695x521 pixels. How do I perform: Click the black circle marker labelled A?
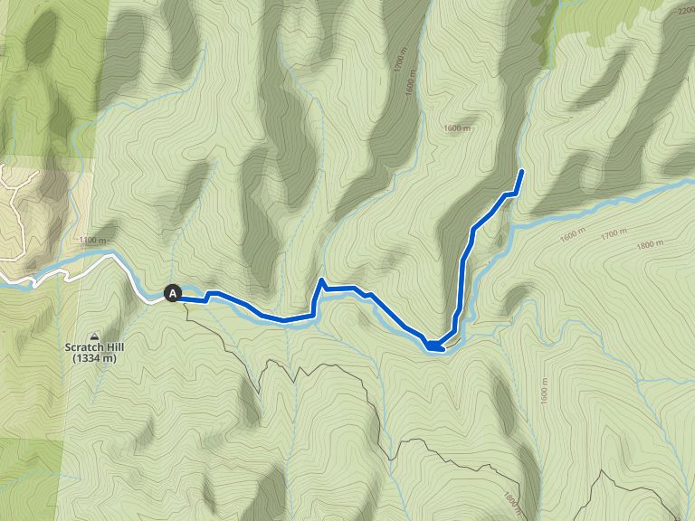173,293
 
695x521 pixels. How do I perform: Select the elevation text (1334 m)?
95,358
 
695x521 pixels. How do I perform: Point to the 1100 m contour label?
93,241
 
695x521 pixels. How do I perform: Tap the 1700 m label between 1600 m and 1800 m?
613,234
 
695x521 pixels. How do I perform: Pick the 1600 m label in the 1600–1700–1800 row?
573,237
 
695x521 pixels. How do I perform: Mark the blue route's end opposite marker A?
522,171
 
